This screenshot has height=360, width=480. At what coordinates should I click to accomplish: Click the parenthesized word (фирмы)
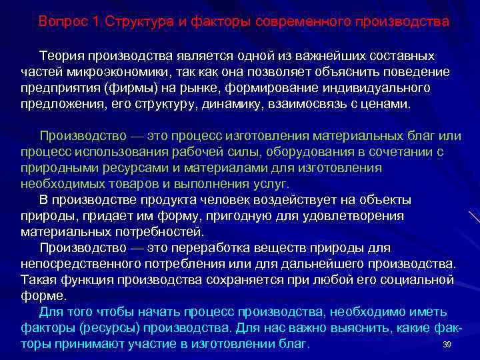[x=133, y=89]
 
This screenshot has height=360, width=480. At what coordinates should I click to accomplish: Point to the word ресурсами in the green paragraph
[x=129, y=167]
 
